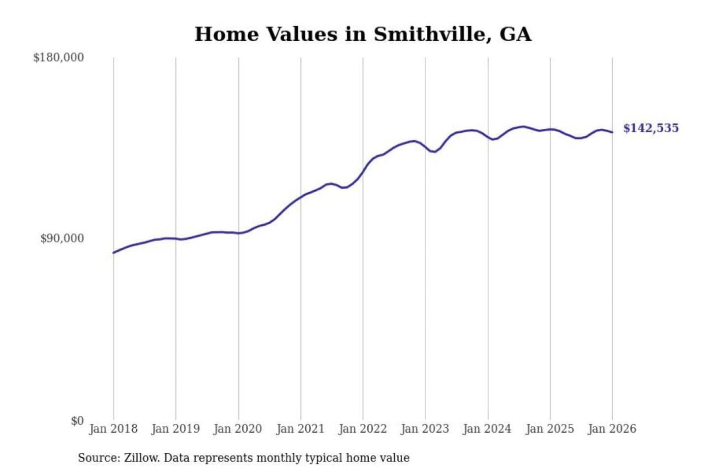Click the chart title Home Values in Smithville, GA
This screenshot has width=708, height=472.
(x=363, y=34)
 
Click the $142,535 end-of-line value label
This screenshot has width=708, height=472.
(x=650, y=128)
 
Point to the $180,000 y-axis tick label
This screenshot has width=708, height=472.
(x=59, y=58)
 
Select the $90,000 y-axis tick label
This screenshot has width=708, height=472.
(x=62, y=238)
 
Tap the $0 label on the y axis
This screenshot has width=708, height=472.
(x=77, y=421)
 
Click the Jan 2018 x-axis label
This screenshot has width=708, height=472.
(x=113, y=429)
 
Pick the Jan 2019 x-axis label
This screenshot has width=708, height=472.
(x=176, y=429)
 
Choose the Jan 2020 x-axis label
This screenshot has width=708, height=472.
(x=238, y=429)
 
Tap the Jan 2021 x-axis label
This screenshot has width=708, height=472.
(x=300, y=429)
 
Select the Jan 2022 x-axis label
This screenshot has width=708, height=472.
(x=363, y=429)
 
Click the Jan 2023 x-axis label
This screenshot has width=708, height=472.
(x=425, y=429)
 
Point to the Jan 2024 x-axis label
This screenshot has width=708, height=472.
(x=487, y=429)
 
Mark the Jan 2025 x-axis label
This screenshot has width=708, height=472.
(x=550, y=429)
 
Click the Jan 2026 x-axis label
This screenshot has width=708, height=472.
(x=612, y=429)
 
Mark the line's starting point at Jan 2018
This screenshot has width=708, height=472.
(x=114, y=253)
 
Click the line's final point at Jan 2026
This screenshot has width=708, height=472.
(x=612, y=132)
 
